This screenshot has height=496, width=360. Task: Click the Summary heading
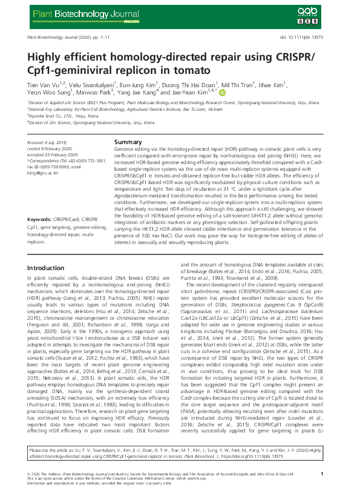click(x=128, y=142)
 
